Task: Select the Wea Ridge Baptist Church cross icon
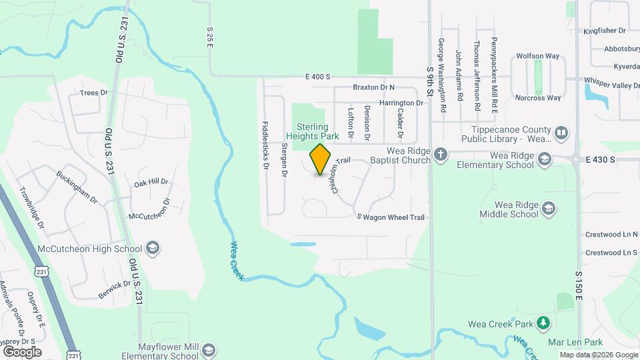tap(440, 155)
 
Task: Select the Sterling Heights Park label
tap(313, 131)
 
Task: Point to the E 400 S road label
tap(318, 77)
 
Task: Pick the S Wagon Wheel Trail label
tap(391, 217)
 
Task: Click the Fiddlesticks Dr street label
tap(265, 145)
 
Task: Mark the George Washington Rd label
tap(441, 66)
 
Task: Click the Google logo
tap(22, 351)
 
